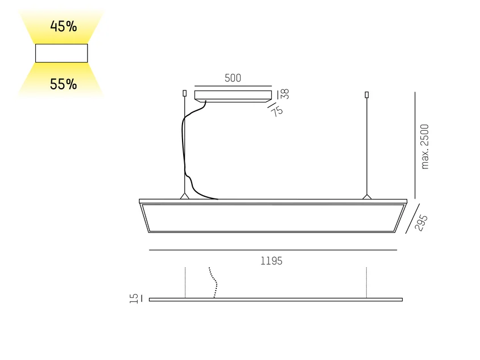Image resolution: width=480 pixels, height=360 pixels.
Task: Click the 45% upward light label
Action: (63, 26)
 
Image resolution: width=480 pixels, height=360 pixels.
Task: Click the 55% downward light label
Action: (63, 84)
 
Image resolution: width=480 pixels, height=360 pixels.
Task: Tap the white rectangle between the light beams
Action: (61, 53)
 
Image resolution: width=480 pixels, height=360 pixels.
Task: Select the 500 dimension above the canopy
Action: (233, 78)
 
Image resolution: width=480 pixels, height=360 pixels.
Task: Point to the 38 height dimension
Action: (285, 94)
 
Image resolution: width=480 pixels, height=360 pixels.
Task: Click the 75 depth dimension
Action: (277, 111)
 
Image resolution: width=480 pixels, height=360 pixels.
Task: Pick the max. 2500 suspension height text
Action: (425, 147)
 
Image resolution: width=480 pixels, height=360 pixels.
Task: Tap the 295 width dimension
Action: (421, 222)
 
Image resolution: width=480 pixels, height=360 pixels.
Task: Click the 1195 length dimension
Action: (271, 261)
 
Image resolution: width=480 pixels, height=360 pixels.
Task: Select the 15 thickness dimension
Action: (134, 299)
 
